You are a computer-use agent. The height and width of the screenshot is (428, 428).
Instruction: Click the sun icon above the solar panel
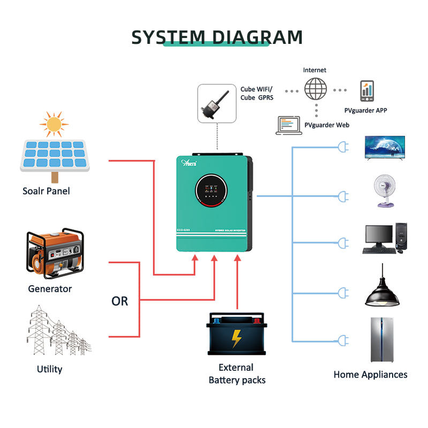tap(54, 124)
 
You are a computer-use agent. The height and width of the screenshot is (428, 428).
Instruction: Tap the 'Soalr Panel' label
tap(46, 191)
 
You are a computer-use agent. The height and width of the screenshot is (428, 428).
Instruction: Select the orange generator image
tap(54, 256)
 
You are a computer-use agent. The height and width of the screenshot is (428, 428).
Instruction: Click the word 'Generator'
tap(50, 289)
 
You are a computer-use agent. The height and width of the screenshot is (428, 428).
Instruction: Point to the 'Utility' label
tap(49, 369)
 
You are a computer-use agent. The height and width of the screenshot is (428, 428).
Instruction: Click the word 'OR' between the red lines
tap(119, 301)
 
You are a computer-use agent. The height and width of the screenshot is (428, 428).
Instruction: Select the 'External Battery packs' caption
tap(236, 374)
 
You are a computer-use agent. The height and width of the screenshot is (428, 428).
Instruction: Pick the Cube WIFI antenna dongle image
tap(216, 102)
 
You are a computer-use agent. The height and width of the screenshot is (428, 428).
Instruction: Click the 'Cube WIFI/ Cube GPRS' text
tap(256, 93)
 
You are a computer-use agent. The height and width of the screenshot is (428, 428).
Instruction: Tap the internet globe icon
tap(316, 89)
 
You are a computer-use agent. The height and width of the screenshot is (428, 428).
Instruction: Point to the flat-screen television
tap(384, 148)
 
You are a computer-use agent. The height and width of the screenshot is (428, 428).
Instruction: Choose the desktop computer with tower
tap(385, 238)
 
